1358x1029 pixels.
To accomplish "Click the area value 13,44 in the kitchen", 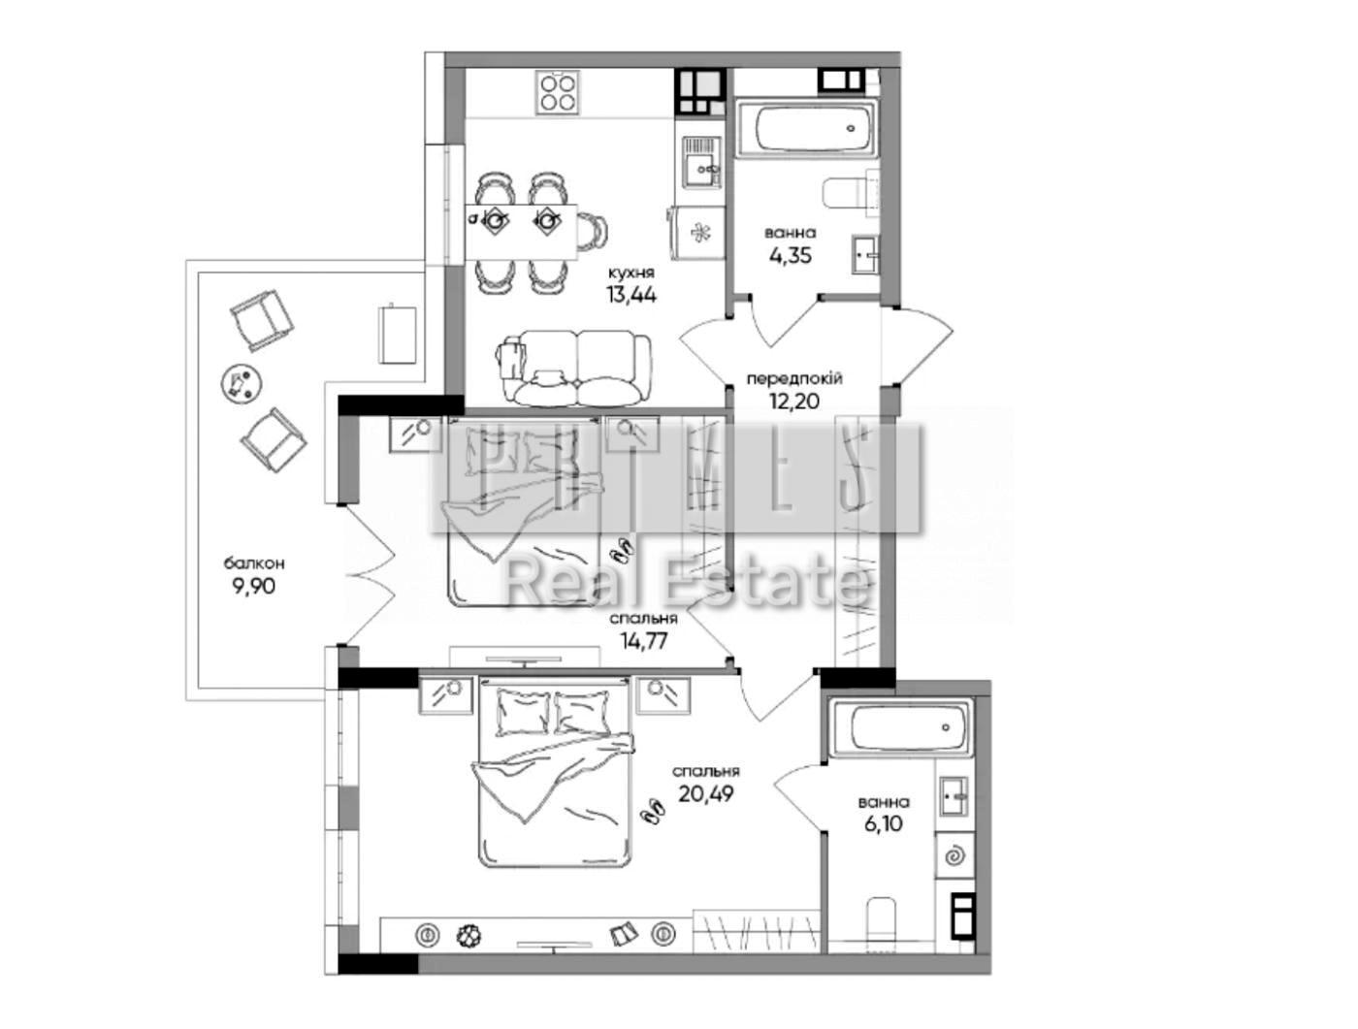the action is (631, 295).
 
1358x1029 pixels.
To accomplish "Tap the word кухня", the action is (631, 273).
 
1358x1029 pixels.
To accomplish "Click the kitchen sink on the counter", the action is (701, 162).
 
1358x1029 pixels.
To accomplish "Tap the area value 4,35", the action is (790, 255).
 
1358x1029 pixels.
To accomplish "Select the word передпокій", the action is (794, 378).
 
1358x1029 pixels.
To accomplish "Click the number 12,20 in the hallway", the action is (794, 402).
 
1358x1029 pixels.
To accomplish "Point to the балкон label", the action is (254, 563).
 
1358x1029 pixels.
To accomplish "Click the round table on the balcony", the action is (242, 384).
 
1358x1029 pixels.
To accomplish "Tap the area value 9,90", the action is (254, 586).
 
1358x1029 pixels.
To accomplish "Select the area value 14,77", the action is (643, 641).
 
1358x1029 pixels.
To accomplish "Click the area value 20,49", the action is (706, 792).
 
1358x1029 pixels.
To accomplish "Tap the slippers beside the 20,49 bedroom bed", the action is (652, 809).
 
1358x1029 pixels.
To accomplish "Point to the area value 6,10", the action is (884, 824).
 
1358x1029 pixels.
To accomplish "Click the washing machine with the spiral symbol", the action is (955, 855).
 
